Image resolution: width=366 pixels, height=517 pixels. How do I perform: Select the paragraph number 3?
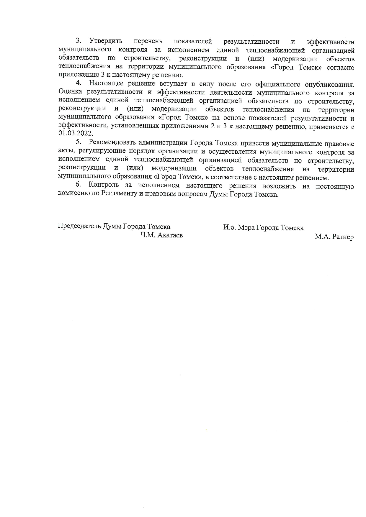click(78, 41)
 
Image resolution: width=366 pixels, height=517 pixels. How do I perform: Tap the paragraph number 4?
click(78, 83)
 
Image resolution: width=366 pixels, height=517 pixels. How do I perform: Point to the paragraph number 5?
click(78, 142)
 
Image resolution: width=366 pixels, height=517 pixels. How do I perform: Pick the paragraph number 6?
click(78, 185)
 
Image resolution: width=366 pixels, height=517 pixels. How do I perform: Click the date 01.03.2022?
click(76, 134)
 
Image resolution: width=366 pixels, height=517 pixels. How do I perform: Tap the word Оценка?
click(70, 93)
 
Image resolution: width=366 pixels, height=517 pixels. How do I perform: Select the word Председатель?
click(79, 227)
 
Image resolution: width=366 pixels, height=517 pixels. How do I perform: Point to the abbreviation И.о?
click(229, 228)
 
